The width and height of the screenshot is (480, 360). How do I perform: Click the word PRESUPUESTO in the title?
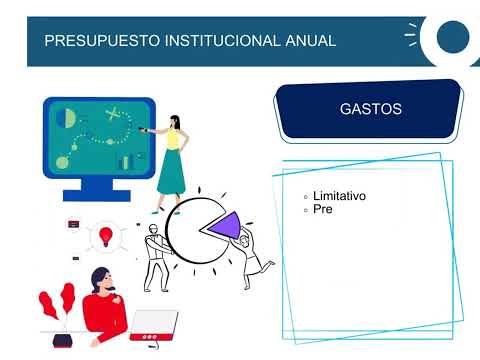(91, 41)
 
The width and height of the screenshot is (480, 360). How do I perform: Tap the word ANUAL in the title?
(308, 41)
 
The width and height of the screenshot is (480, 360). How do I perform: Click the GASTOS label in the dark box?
(371, 109)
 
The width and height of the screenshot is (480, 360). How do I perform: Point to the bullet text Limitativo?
(339, 196)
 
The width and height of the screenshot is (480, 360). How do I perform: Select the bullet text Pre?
(322, 210)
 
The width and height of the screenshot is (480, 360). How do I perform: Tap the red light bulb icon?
(105, 237)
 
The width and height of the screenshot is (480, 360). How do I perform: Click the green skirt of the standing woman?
(171, 175)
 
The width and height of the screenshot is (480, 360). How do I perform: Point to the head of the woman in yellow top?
(176, 123)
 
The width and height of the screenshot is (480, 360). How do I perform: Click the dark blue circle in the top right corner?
(451, 38)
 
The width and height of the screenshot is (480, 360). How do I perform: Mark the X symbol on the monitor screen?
(113, 112)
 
